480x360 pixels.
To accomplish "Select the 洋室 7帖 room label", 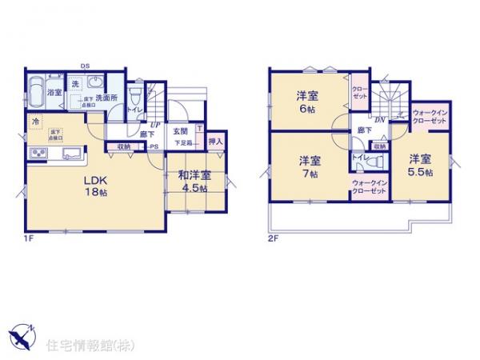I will point(310,165).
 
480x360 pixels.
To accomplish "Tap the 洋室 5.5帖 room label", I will point(422,165).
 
